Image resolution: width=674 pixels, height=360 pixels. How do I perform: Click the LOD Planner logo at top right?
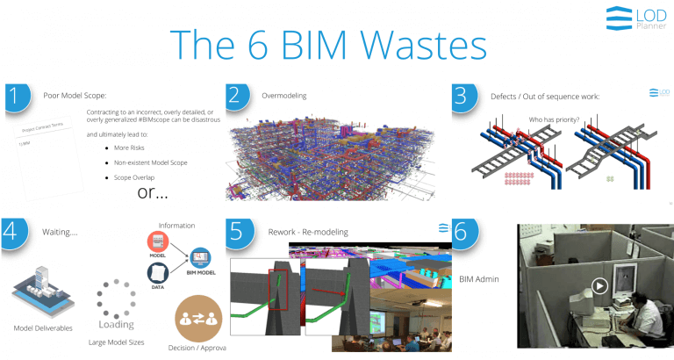point(637,18)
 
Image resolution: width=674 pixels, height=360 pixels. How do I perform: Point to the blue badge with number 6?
point(462,233)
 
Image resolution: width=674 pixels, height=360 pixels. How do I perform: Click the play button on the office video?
point(599,285)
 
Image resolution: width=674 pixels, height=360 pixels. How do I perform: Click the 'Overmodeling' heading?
point(284,95)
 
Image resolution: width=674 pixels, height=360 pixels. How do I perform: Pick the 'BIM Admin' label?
point(479,279)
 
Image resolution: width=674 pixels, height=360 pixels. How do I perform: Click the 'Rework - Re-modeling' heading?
point(309,232)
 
